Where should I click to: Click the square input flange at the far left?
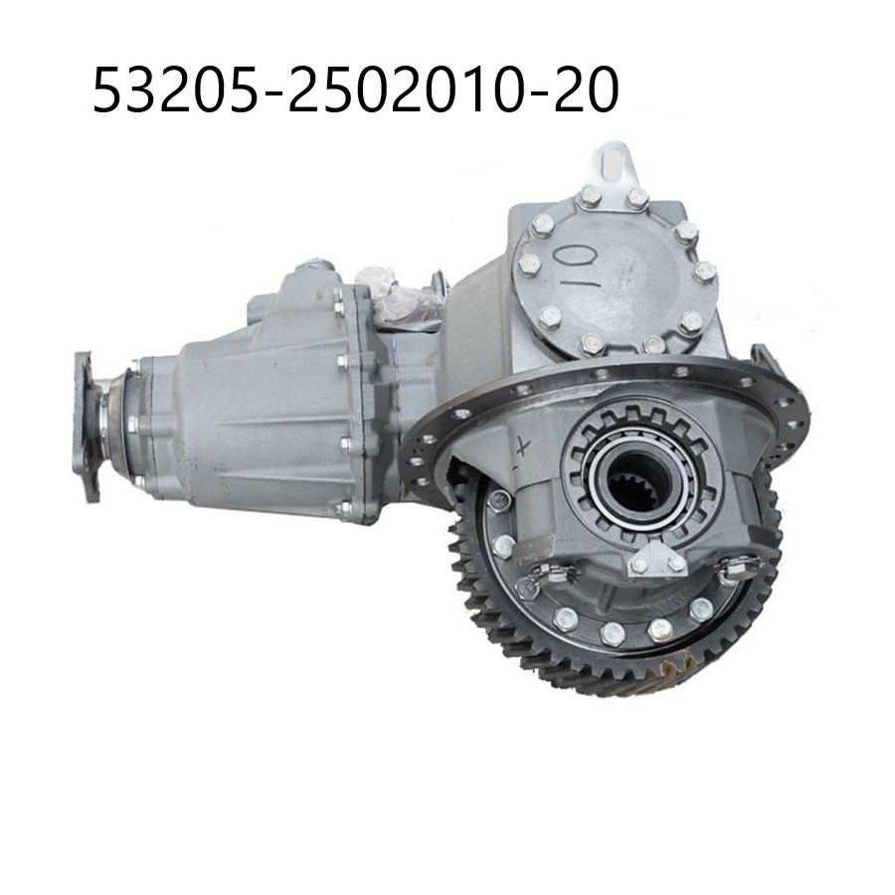(x=87, y=426)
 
